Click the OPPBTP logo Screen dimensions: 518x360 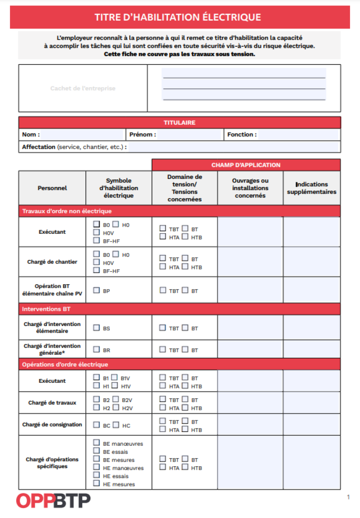coord(53,500)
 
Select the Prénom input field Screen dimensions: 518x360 coord(190,134)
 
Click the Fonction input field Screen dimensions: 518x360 coord(298,134)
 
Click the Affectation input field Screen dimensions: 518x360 coord(233,147)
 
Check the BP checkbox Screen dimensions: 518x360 coord(96,290)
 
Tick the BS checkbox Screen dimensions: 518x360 coord(96,328)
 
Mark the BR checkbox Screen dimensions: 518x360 coord(96,349)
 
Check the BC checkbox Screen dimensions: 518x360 coord(96,424)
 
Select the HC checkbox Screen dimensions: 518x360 coord(116,424)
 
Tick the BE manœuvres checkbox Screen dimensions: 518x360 coord(96,443)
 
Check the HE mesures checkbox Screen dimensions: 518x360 coord(96,483)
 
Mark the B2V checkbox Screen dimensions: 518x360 coord(116,399)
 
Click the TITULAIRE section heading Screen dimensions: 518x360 coord(180,122)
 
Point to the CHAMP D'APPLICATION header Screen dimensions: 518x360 coord(246,165)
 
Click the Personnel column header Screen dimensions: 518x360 coord(52,188)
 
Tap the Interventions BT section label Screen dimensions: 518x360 coord(46,309)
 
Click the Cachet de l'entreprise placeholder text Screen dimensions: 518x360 coord(83,89)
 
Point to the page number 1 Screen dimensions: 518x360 coord(348,497)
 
